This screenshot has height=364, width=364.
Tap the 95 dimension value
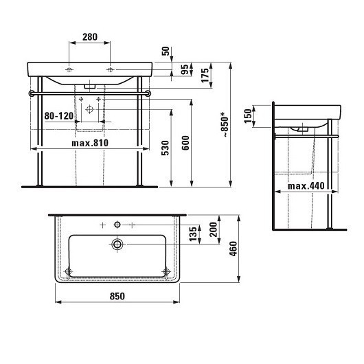(184, 69)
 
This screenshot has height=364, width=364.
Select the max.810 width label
(91, 143)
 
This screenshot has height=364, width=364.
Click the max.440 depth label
(306, 185)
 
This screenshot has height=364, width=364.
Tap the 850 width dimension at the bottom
(117, 297)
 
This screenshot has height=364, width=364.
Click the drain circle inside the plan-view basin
(117, 244)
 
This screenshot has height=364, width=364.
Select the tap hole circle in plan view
(117, 225)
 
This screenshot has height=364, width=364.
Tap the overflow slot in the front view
(90, 87)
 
